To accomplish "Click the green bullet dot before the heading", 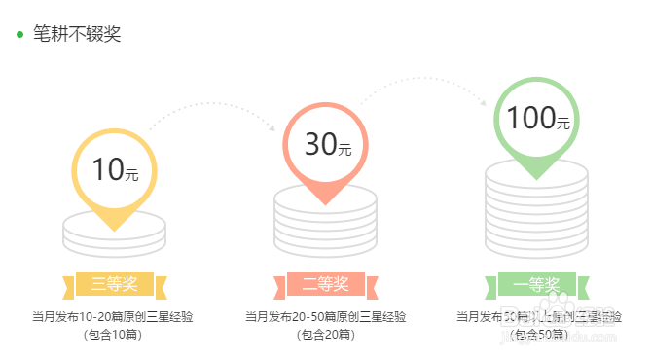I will coord(19,35).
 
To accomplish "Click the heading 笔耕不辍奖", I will coord(77,34).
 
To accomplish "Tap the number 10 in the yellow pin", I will coord(108,169).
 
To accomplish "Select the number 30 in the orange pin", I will coord(319,144).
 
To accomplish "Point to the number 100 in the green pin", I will coord(529,118).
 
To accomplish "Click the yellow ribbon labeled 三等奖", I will coord(115,285).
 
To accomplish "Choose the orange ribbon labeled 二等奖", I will coord(325,284).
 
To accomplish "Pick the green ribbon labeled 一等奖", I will coord(537,285).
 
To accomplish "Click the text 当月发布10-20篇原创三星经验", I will coord(113,317).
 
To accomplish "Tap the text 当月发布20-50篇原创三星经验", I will coord(325,317).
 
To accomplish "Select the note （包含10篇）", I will coord(113,336).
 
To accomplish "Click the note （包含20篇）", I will coord(325,336).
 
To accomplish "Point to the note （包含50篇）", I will coord(537,336).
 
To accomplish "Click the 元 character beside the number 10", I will coord(132,175).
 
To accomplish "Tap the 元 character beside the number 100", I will coord(563,123).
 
